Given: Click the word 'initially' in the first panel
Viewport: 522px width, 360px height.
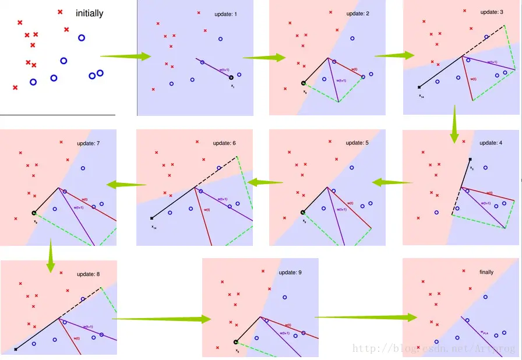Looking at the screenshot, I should coord(89,13).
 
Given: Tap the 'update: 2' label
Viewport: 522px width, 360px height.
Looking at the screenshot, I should coord(358,13).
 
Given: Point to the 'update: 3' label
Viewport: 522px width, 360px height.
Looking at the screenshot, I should coord(492,12).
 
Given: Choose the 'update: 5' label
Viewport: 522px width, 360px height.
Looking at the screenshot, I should coord(358,143).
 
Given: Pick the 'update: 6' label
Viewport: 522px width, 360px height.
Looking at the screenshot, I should coord(224,143).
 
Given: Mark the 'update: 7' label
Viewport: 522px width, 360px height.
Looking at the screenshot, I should coord(89,143).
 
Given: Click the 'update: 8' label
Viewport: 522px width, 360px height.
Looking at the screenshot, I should coord(89,274).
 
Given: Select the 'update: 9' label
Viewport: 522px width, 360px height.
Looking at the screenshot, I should coord(290,272).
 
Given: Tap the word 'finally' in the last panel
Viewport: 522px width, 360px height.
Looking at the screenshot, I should coord(486,272).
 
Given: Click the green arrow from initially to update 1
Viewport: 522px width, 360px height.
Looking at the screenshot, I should coord(125,57).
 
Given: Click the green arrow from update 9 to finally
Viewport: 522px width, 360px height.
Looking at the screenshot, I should coord(366,317).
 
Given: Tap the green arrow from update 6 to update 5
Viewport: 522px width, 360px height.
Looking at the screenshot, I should coord(264,182).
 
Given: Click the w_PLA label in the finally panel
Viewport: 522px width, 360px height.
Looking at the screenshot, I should coord(484,333).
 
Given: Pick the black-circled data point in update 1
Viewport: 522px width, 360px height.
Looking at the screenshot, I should coord(231,77).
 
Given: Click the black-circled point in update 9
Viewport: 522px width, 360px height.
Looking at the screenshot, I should coord(236,343).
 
